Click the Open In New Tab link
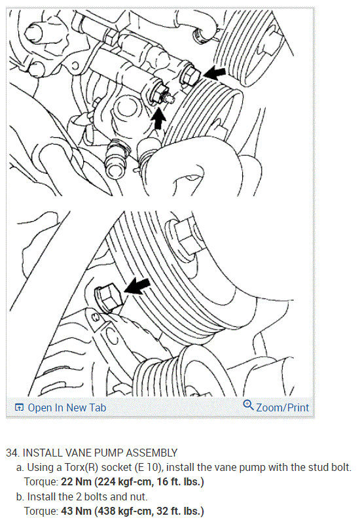point(66,407)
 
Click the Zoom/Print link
point(282,407)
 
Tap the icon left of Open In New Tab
point(18,407)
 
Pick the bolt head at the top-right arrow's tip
point(190,76)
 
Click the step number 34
point(12,453)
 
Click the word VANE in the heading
point(83,453)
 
